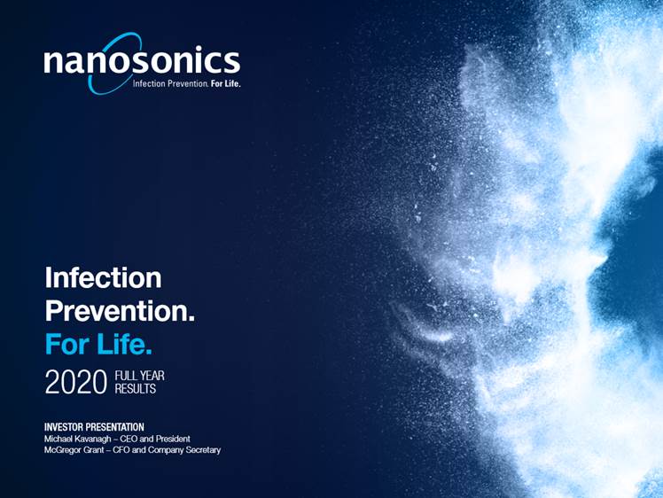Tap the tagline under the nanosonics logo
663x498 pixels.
[x=187, y=83]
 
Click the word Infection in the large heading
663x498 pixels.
[x=103, y=277]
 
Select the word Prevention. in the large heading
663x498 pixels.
[x=120, y=311]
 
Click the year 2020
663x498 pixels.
[x=76, y=382]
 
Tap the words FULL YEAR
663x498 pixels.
[x=139, y=376]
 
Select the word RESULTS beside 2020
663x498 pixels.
[x=136, y=389]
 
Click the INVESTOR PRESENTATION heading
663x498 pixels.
[x=94, y=427]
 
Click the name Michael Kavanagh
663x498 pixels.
[x=78, y=439]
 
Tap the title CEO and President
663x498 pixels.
[x=155, y=439]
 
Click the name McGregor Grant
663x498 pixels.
[x=74, y=450]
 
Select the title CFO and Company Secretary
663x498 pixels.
[x=167, y=450]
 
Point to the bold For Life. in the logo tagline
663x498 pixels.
[x=226, y=83]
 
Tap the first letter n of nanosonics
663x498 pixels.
[x=53, y=62]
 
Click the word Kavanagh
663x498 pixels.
[x=93, y=439]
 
